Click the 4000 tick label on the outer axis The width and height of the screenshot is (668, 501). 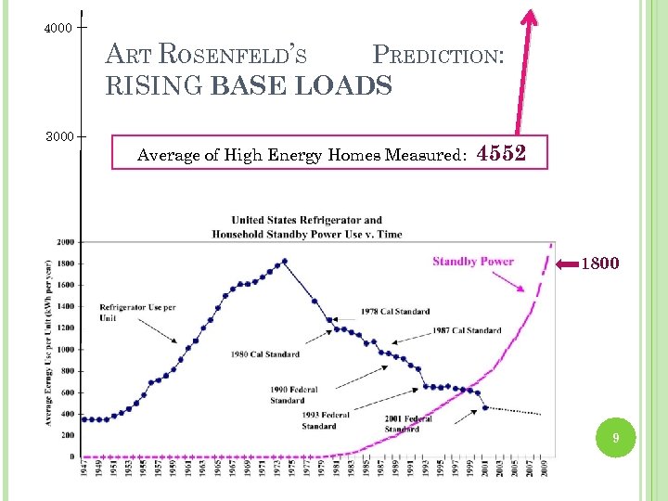58,28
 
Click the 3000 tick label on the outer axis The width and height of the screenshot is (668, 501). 58,137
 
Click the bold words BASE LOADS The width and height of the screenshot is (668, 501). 302,86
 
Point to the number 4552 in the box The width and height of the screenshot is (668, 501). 502,154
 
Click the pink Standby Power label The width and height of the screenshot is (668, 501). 472,262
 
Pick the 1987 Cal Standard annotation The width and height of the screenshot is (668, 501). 466,330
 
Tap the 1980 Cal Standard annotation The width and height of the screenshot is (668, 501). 267,353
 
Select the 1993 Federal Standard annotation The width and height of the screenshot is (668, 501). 325,420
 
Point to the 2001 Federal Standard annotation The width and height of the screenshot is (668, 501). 408,424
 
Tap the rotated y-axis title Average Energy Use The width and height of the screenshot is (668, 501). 48,343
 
